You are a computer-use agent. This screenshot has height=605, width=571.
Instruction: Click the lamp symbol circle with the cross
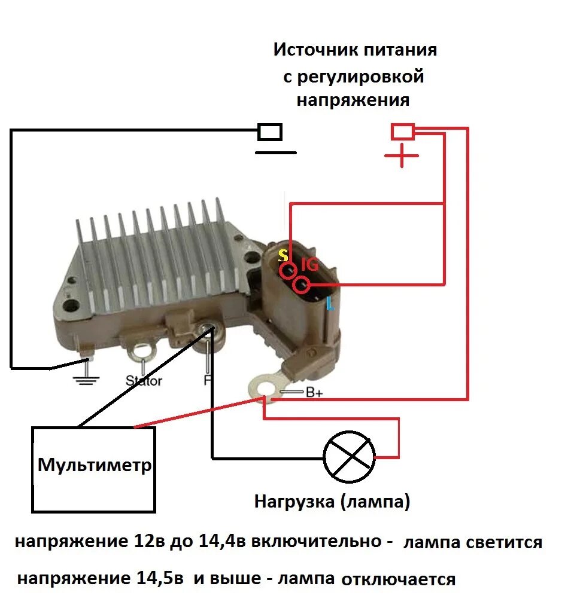(x=349, y=457)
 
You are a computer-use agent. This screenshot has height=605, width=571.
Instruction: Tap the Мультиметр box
(x=94, y=469)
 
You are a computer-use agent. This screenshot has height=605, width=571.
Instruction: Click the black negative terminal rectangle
(x=270, y=132)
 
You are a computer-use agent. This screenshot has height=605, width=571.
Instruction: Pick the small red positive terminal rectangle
(x=402, y=132)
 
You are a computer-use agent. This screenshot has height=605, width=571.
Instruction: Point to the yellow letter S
(x=283, y=256)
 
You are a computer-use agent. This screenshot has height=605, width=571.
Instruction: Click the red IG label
(x=309, y=264)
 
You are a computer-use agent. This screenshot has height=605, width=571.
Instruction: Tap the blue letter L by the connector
(x=330, y=304)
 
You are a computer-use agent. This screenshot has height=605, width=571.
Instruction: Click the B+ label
(x=314, y=393)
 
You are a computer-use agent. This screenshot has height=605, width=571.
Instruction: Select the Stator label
(x=144, y=380)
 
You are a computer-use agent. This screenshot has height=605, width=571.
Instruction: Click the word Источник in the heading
(x=315, y=50)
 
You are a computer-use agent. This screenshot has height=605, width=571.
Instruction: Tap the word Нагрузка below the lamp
(x=294, y=501)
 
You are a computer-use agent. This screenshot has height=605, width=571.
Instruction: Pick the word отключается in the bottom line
(x=398, y=579)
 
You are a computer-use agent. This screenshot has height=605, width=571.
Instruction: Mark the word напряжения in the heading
(x=353, y=100)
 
